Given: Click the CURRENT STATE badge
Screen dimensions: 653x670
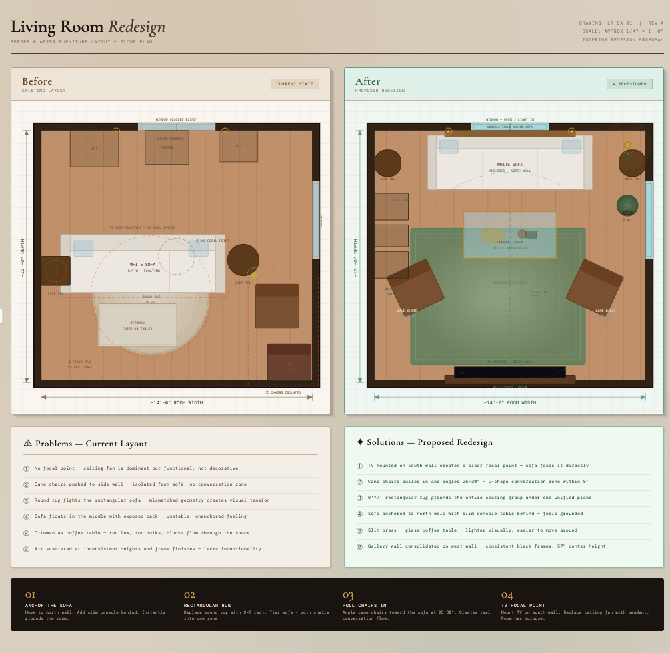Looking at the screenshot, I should point(295,84).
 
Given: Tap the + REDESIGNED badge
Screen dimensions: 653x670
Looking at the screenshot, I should point(629,84).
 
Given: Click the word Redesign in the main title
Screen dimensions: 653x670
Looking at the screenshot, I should point(137,27).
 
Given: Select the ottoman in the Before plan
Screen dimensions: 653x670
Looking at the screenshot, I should point(137,325).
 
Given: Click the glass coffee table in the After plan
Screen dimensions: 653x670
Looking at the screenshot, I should point(510,235).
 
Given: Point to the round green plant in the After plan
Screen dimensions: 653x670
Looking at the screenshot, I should point(627,205).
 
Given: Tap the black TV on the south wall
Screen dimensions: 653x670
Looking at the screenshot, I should point(509,372).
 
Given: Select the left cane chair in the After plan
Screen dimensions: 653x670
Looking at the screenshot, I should point(415,286).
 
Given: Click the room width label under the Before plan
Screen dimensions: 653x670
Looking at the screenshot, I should point(176,402).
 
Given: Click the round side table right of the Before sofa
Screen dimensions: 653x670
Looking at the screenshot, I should point(243,260).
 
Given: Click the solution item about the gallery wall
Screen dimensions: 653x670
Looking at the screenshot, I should point(486,546).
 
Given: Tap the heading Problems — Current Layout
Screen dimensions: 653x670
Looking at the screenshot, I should point(91,444).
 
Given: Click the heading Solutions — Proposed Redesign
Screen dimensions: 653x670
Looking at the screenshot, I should point(429,442).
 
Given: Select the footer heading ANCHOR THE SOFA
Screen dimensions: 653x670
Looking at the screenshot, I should point(49,605).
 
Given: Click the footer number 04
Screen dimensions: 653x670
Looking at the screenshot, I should point(507,594).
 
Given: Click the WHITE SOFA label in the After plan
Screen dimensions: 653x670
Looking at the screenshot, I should point(509,164).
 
